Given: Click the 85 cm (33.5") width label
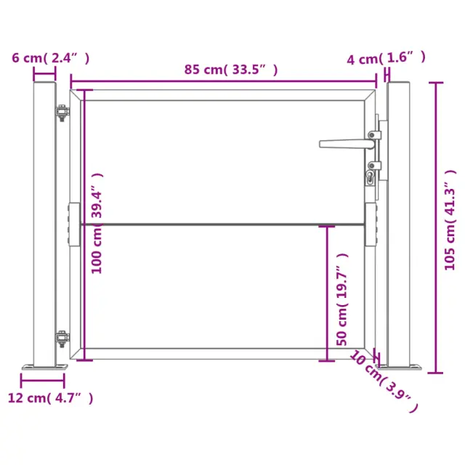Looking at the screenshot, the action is (x=231, y=70).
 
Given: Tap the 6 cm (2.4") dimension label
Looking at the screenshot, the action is (x=50, y=58).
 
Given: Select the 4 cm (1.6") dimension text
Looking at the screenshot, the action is (x=386, y=58).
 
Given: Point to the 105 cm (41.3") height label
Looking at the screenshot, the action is (x=450, y=219).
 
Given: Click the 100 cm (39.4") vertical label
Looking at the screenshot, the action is (x=97, y=223).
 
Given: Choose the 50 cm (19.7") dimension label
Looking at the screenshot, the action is (x=342, y=299).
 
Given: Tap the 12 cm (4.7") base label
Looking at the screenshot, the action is (x=50, y=397).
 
